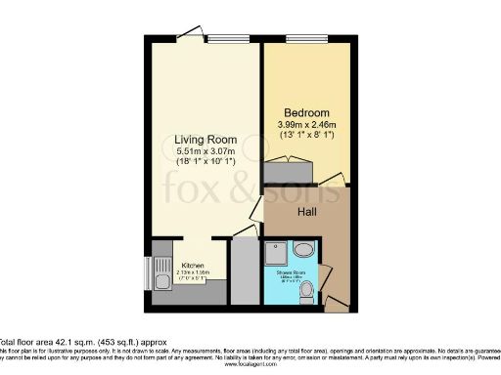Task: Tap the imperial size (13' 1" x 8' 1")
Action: coord(305,136)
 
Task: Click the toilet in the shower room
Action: coord(306,289)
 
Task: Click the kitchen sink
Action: coord(160,283)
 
